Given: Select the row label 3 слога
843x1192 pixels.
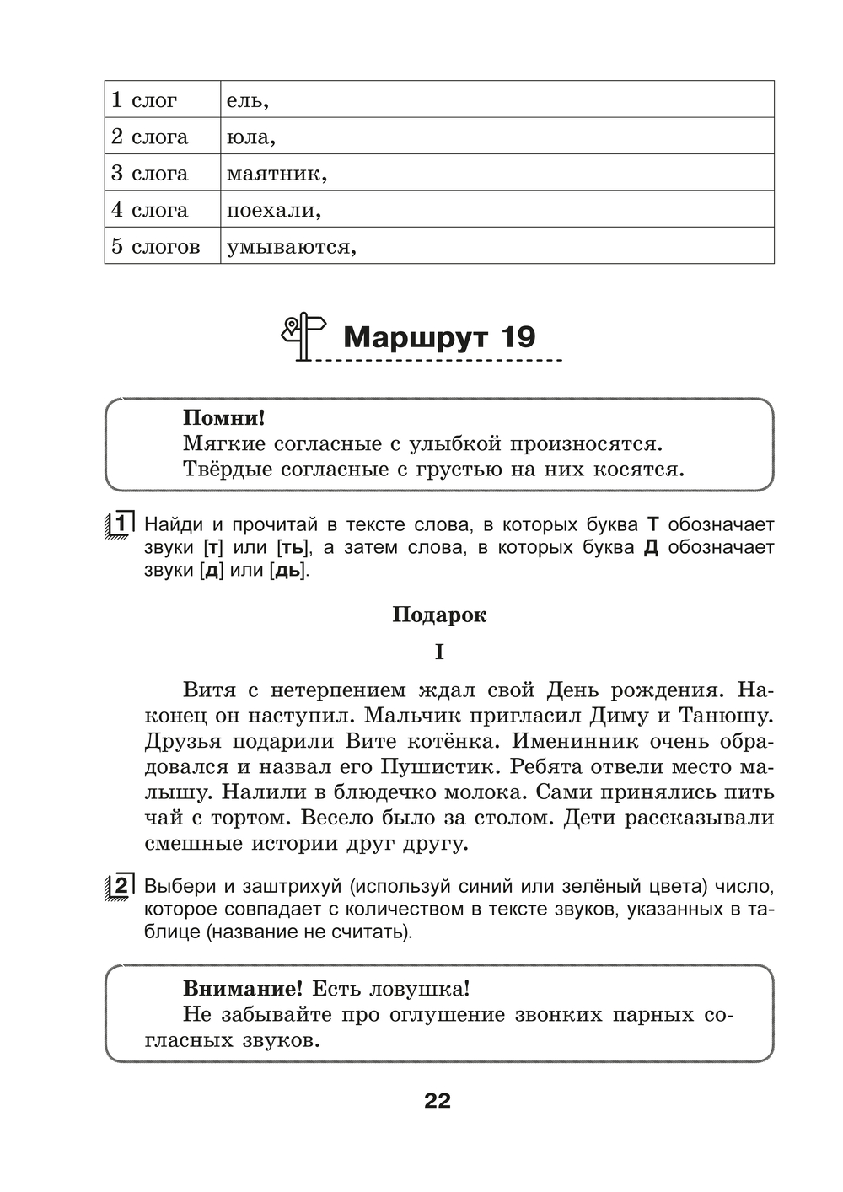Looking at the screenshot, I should tap(149, 174).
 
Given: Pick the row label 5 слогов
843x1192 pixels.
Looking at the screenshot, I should tap(156, 247).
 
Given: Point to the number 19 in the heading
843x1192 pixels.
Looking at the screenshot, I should tap(518, 337).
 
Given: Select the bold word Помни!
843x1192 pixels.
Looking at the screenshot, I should tap(223, 417).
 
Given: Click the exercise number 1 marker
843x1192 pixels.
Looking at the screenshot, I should tap(121, 524).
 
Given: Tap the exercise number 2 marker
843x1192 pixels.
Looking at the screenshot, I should tap(121, 887).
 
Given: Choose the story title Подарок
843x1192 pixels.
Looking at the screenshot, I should tap(439, 615).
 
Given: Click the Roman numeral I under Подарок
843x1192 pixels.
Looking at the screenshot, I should tap(439, 652).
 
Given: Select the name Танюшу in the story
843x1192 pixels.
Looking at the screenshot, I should tap(727, 716).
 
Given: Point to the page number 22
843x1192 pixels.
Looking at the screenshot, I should tap(438, 1101).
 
